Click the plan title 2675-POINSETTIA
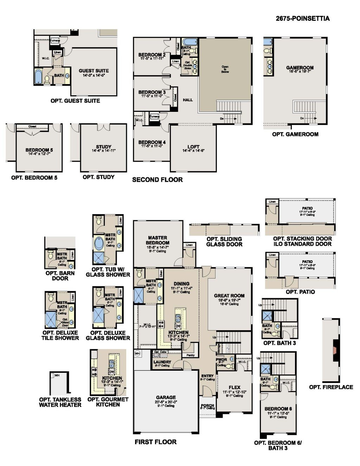tap(302, 19)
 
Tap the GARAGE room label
tap(166, 397)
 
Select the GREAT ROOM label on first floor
tap(229, 296)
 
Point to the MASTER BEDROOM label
tap(157, 240)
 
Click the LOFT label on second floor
tap(193, 147)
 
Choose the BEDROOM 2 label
tap(152, 55)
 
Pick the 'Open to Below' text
tap(225, 69)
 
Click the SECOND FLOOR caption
tap(157, 180)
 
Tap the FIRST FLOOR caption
tap(155, 442)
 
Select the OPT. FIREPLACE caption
tap(331, 387)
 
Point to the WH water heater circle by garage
tap(137, 353)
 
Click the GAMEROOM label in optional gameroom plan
tap(300, 68)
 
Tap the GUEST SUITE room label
tap(94, 71)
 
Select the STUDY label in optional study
tap(103, 147)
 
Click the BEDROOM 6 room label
tap(278, 409)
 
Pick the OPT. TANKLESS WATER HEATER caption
tap(60, 402)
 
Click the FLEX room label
tap(234, 387)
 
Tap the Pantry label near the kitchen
tap(191, 355)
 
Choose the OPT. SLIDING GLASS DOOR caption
tap(224, 242)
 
